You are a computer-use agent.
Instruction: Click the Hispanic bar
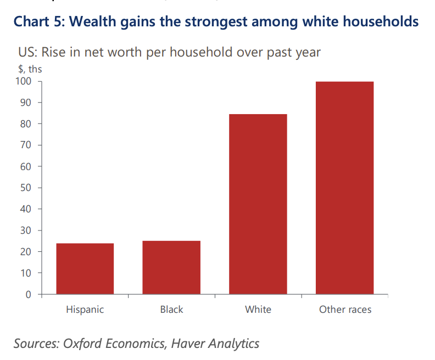coord(85,269)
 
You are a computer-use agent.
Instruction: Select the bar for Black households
coord(171,267)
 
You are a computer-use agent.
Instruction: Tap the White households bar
coord(258,204)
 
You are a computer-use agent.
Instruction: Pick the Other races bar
coord(345,188)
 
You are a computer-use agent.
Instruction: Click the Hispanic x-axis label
coord(85,310)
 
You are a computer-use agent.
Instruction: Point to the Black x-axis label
coord(171,310)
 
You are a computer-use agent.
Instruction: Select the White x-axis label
coord(258,310)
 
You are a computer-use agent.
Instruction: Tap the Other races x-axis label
coord(345,310)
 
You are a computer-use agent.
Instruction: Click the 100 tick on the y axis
coord(26,82)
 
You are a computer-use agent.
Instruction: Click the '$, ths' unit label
coord(30,69)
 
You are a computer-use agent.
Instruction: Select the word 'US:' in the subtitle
coord(29,53)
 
